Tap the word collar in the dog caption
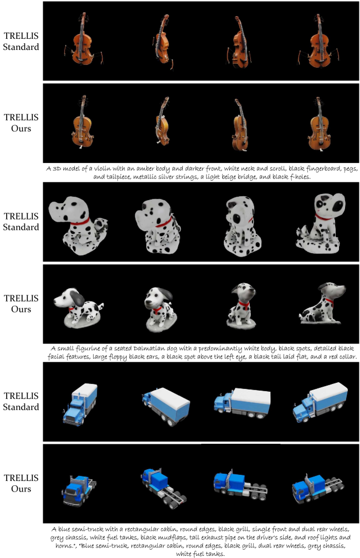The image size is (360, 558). pyautogui.click(x=347, y=357)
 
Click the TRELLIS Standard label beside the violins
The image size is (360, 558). pyautogui.click(x=21, y=41)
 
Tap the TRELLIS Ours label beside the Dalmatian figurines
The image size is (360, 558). pyautogui.click(x=21, y=304)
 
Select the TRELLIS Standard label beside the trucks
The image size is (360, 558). pyautogui.click(x=21, y=401)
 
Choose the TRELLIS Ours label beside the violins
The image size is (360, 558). pyautogui.click(x=21, y=123)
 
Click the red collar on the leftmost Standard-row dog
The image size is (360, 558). pyautogui.click(x=80, y=222)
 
